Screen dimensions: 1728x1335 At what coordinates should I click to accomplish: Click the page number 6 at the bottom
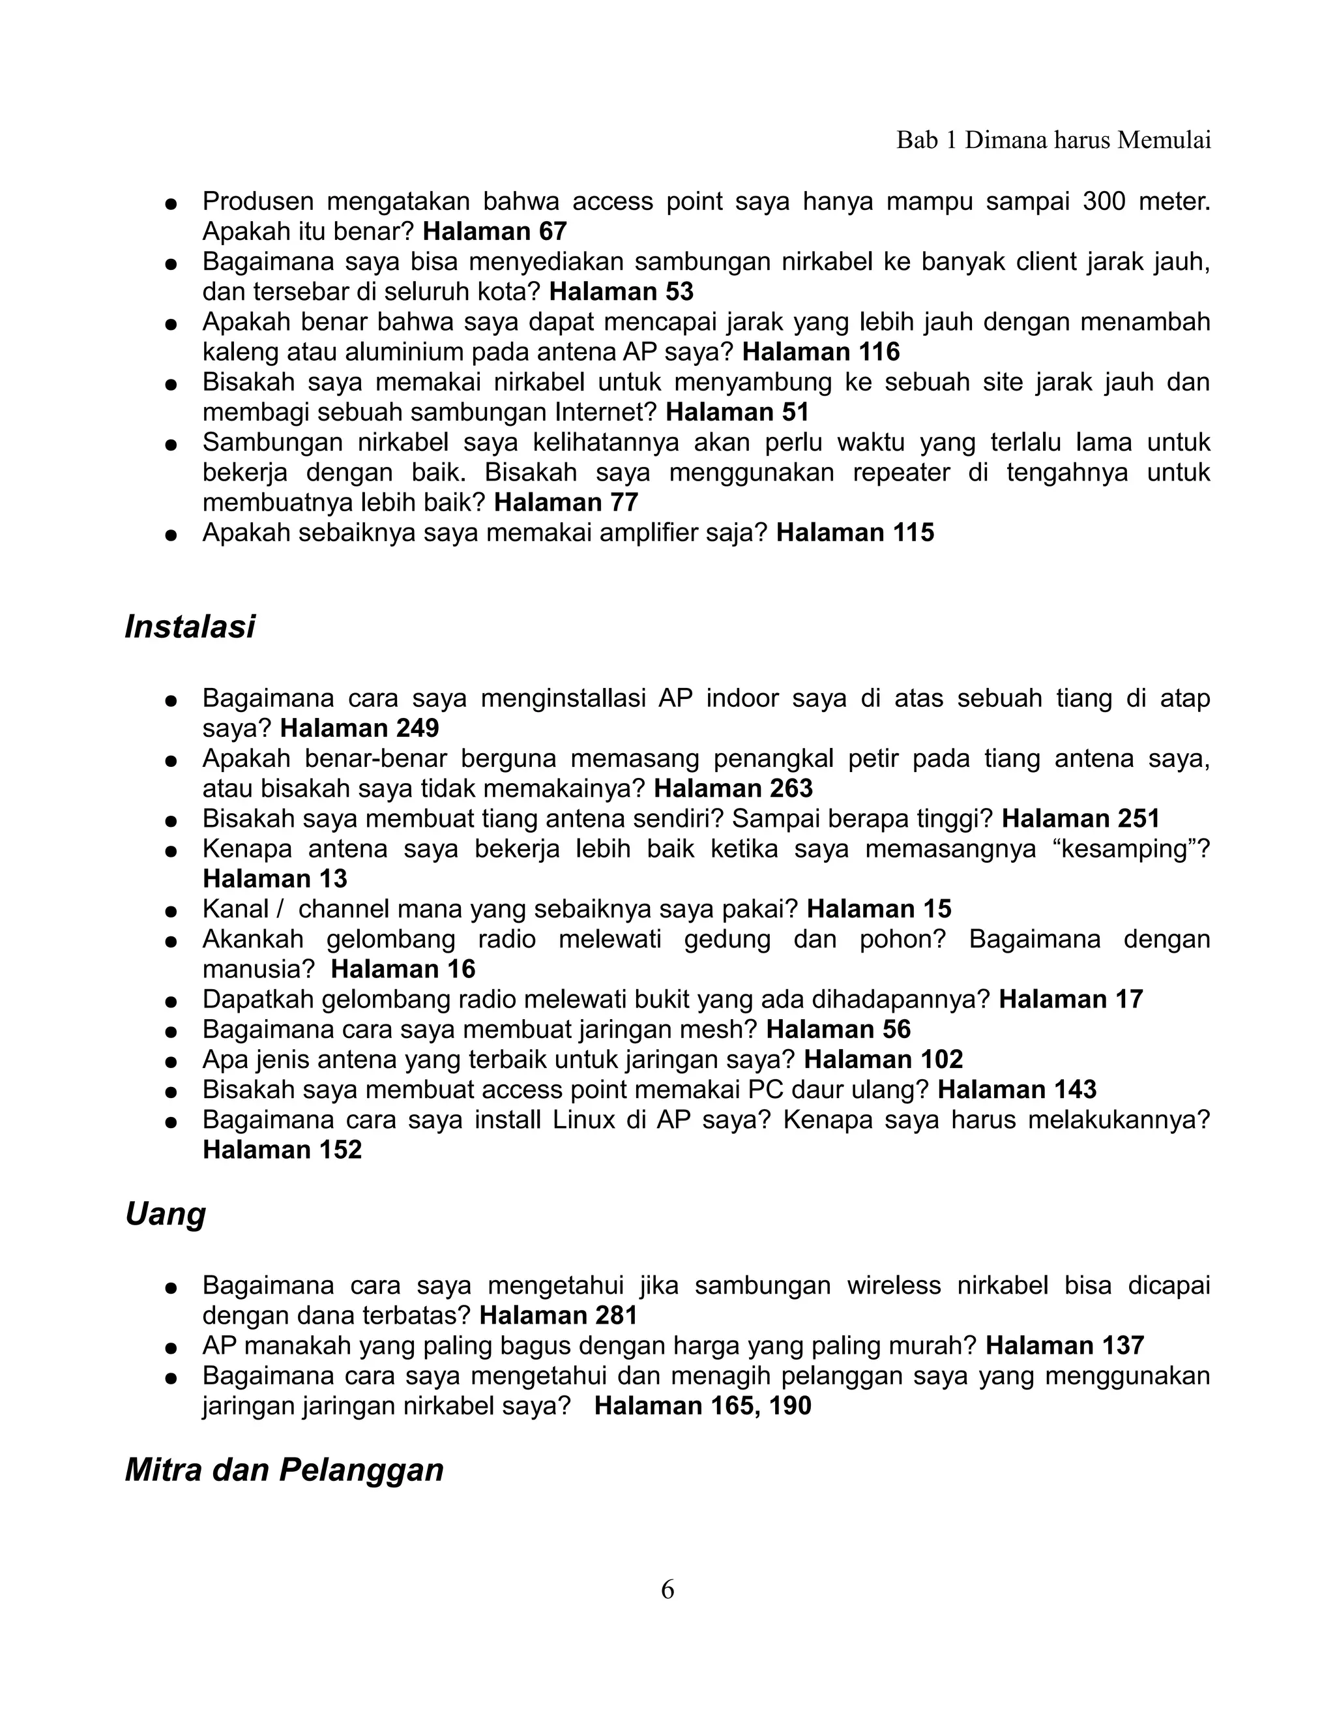(667, 1590)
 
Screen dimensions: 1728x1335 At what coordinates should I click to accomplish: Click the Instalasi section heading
(190, 627)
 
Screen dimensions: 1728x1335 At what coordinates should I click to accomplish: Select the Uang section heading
(166, 1214)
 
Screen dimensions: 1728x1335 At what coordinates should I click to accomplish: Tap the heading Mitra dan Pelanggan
(284, 1470)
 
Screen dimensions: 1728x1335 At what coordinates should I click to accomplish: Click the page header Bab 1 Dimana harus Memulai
(1053, 140)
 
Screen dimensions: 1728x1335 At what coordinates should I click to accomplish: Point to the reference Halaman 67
(495, 231)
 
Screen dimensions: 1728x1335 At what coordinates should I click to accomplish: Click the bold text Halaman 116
(821, 351)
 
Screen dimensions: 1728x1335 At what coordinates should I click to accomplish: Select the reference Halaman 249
(360, 728)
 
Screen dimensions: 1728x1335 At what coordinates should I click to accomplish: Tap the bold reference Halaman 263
(733, 788)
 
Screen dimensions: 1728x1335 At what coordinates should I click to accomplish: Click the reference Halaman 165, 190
(702, 1406)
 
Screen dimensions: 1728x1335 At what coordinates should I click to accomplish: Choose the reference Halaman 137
(1064, 1346)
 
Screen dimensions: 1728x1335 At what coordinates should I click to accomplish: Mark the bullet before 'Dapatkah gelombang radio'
(169, 1002)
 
